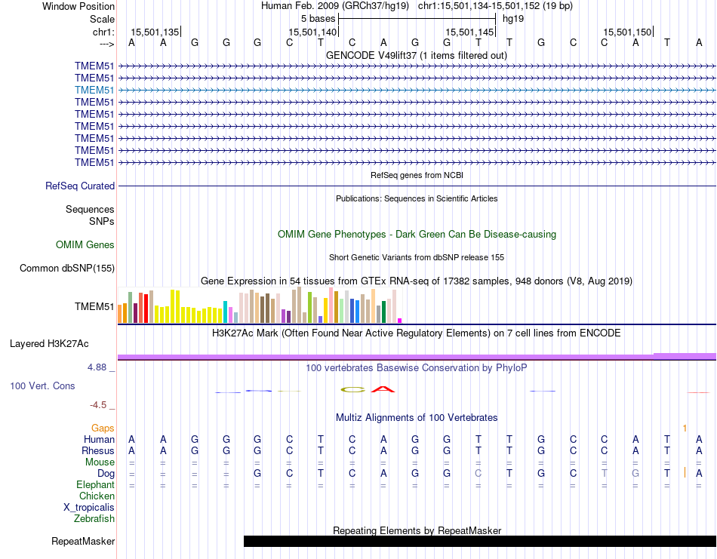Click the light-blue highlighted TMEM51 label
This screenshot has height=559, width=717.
coord(94,90)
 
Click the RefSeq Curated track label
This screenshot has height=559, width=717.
coord(80,186)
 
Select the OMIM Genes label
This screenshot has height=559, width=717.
coord(85,244)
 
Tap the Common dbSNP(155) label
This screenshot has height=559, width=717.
coord(67,268)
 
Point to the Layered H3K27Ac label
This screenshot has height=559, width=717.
coord(49,343)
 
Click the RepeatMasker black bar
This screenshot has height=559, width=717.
coord(479,541)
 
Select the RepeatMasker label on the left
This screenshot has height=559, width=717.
coord(83,541)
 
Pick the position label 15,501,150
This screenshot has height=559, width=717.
coord(627,32)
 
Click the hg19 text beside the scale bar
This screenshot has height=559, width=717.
coord(513,18)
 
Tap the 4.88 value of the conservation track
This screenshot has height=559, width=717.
coord(98,367)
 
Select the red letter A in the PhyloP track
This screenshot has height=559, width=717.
coord(384,389)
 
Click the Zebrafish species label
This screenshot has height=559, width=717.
coord(94,518)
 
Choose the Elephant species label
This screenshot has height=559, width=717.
coord(95,484)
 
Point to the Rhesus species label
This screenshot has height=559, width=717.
coord(98,450)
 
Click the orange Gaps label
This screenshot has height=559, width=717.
coord(103,428)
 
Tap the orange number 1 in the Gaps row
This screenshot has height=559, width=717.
coord(685,428)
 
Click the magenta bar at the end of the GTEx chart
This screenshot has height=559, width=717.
coord(400,320)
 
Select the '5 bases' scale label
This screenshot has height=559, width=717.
coord(318,18)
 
